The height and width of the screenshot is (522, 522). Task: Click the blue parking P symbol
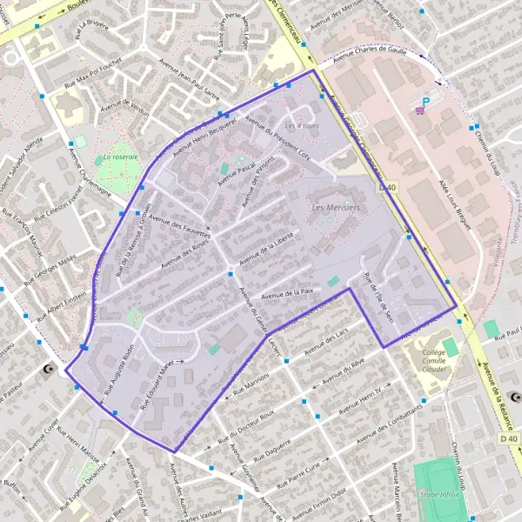[425, 101]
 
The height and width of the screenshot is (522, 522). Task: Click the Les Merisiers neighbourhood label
[334, 209]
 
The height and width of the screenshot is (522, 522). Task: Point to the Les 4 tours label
[304, 127]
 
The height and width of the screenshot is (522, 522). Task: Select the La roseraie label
[120, 157]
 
